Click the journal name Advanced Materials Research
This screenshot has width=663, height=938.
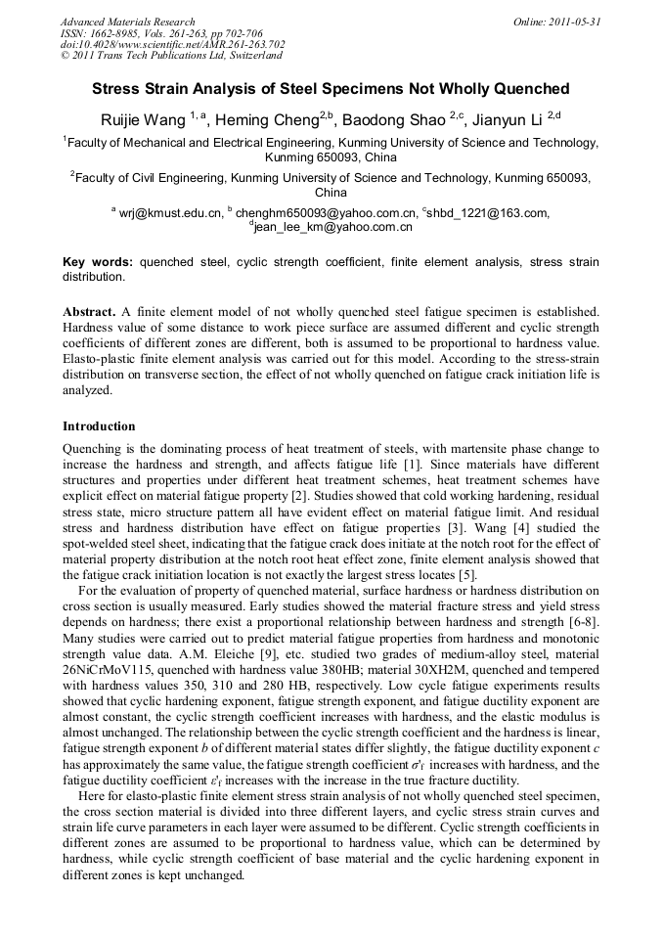pos(127,22)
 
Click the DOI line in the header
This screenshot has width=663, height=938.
pos(172,45)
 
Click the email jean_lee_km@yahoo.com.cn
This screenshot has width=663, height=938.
pos(333,226)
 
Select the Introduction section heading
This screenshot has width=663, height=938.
pos(99,426)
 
